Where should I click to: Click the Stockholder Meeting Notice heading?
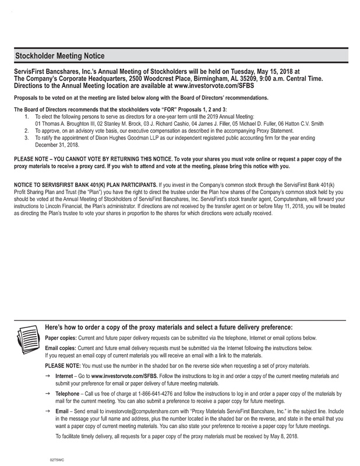[x=60, y=56]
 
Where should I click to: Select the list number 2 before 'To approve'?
[x=27, y=132]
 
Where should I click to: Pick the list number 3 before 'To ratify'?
[x=27, y=138]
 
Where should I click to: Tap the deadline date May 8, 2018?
[x=281, y=436]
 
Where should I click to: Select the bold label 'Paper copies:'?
[x=63, y=338]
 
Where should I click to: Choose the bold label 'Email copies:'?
[x=63, y=348]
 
